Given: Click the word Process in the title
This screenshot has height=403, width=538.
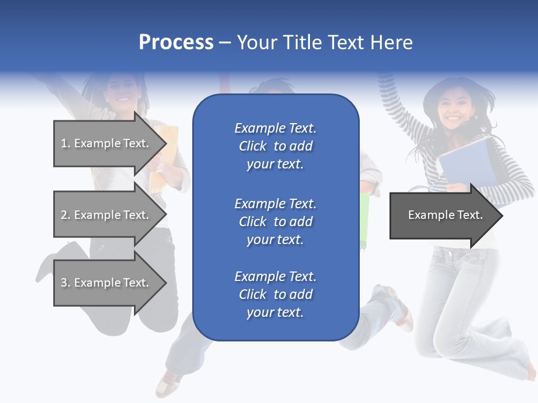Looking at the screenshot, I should tap(176, 42).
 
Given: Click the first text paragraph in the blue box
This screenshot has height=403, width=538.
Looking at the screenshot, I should tap(275, 146).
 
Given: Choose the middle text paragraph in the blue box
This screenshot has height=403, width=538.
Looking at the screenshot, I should tap(275, 222).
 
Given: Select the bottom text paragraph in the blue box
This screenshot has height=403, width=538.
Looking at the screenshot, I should tap(275, 294).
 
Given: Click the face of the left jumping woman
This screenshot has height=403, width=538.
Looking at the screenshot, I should tap(120, 90).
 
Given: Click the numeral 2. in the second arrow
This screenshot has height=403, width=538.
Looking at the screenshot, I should tap(66, 215).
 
